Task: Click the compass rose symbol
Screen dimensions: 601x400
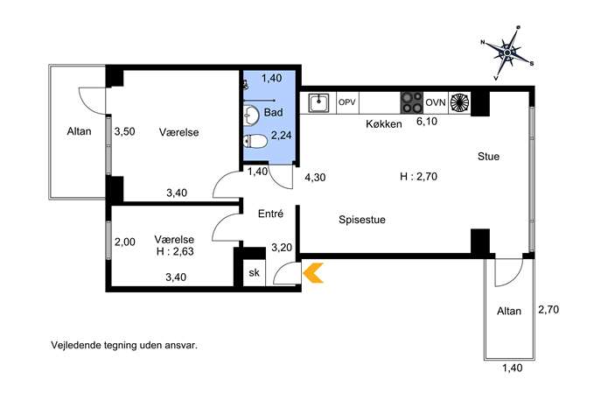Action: click(507, 53)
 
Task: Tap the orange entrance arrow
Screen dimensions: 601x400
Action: click(313, 273)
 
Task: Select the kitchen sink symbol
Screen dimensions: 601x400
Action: click(319, 103)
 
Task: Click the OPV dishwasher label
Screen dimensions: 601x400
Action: click(347, 102)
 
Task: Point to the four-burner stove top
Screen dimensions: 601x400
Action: click(412, 102)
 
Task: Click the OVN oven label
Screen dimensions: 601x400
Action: click(436, 102)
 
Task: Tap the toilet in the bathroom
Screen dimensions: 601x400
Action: click(255, 142)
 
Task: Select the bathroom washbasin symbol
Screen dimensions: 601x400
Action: click(251, 116)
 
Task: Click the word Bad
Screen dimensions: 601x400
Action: click(273, 112)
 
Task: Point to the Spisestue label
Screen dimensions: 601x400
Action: click(362, 220)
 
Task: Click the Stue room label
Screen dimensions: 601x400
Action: click(488, 157)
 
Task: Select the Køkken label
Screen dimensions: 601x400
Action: click(384, 124)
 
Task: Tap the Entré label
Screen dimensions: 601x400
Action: click(270, 214)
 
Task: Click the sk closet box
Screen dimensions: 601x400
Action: click(254, 273)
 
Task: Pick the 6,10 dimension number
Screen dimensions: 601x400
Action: click(427, 122)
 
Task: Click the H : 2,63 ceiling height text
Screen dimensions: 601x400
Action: click(175, 251)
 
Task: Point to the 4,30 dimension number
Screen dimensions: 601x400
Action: click(315, 177)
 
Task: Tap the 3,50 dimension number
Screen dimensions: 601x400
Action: click(124, 131)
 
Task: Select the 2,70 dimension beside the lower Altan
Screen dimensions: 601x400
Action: click(549, 310)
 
